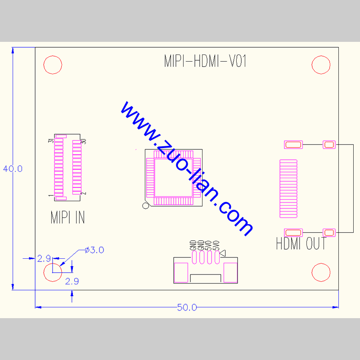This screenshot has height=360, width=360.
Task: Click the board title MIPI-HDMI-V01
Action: pos(205,62)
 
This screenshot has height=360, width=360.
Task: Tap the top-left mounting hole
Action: pos(53,65)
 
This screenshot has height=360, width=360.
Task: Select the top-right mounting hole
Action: pos(321,65)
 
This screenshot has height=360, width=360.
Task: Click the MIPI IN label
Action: pos(67,218)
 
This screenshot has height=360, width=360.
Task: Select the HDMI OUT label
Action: pos(301,244)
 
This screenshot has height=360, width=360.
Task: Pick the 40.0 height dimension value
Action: pos(13,169)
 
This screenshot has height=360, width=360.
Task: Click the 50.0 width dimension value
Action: pos(187,308)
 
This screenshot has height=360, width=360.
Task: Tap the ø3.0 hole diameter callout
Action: pos(94,250)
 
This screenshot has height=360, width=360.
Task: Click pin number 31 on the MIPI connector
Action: pos(51,141)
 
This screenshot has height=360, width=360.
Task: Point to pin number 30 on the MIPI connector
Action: pos(83,141)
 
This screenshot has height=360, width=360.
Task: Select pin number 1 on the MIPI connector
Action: pos(51,196)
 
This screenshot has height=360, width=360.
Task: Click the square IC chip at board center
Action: pos(173,177)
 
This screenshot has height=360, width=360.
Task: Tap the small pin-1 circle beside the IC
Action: pos(145,206)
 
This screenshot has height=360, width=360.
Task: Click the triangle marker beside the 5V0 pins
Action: pos(223,253)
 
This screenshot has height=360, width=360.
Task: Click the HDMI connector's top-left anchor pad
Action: pos(293,144)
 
